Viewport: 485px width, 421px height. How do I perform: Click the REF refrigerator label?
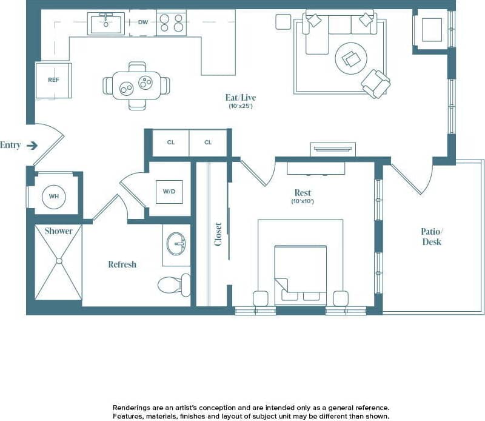[x=53, y=80]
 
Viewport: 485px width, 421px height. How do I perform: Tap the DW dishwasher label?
[x=142, y=22]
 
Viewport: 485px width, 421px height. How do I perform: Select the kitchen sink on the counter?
[x=105, y=24]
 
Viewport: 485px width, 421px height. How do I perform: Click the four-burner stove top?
[x=171, y=23]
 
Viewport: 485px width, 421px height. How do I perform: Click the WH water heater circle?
[x=54, y=196]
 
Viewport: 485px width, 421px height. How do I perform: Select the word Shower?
[x=58, y=231]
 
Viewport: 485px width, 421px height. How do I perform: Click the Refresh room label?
[x=122, y=264]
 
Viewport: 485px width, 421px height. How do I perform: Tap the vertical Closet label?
[x=218, y=234]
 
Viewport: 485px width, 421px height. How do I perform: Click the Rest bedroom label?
[x=302, y=193]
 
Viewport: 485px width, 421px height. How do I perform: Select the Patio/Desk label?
[x=431, y=237]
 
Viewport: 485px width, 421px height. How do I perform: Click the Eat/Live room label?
[x=240, y=97]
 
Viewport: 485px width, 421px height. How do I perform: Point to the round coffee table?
[x=352, y=58]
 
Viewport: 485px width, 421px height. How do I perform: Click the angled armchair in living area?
[x=375, y=83]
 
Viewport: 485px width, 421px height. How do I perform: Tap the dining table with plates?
[x=136, y=86]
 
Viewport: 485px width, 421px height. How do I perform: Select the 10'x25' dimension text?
[x=240, y=106]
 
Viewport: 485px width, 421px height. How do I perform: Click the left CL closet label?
[x=171, y=143]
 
